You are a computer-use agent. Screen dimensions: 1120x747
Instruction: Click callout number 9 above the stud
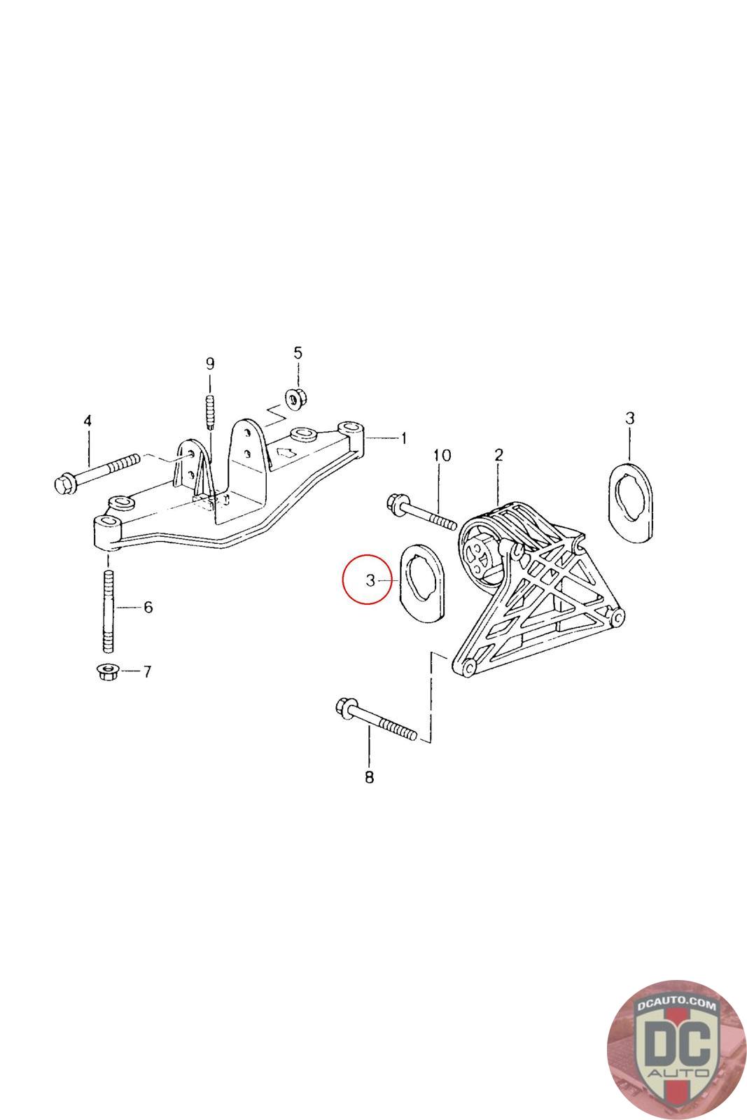coord(210,363)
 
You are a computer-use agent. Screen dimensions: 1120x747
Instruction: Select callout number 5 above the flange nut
coord(298,353)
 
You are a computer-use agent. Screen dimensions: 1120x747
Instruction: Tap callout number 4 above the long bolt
coord(88,421)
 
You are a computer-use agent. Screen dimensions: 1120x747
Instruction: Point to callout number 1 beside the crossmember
coord(403,439)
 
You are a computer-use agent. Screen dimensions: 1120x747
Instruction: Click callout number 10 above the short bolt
coord(442,456)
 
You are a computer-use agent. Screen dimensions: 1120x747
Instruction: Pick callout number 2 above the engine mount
coord(498,455)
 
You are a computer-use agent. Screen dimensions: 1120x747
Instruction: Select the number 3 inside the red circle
coord(370,580)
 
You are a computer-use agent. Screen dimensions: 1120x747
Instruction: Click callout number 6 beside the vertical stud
coord(148,608)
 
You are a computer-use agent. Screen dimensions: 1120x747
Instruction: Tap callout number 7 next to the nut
coord(147,672)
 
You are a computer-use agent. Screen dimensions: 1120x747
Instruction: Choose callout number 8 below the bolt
coord(370,776)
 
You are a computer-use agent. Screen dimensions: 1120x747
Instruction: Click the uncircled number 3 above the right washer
coord(629,419)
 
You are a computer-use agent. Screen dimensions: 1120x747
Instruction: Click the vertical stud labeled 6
coord(109,609)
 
